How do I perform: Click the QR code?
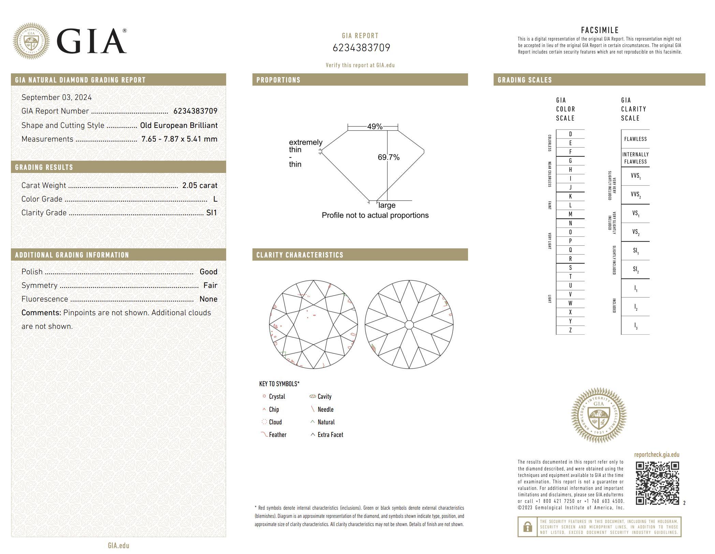click(657, 483)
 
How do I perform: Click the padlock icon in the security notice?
click(527, 527)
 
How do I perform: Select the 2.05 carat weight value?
click(200, 185)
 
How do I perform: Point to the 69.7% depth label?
click(389, 157)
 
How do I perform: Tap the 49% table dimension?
click(375, 127)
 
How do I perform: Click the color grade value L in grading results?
click(215, 199)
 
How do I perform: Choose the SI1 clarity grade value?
click(211, 213)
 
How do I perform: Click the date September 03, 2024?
click(57, 97)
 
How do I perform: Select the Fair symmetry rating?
click(210, 285)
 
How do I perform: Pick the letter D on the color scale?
click(570, 134)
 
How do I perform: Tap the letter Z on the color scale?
click(570, 330)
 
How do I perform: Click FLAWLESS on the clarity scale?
click(635, 139)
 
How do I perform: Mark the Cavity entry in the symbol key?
click(324, 396)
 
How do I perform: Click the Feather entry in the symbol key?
click(277, 435)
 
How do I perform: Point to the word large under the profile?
click(387, 205)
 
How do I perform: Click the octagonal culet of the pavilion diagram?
click(409, 324)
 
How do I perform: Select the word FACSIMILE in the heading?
click(599, 30)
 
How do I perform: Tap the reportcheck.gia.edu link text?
click(656, 454)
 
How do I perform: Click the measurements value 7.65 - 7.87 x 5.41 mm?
click(179, 139)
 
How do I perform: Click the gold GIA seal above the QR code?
click(599, 415)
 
